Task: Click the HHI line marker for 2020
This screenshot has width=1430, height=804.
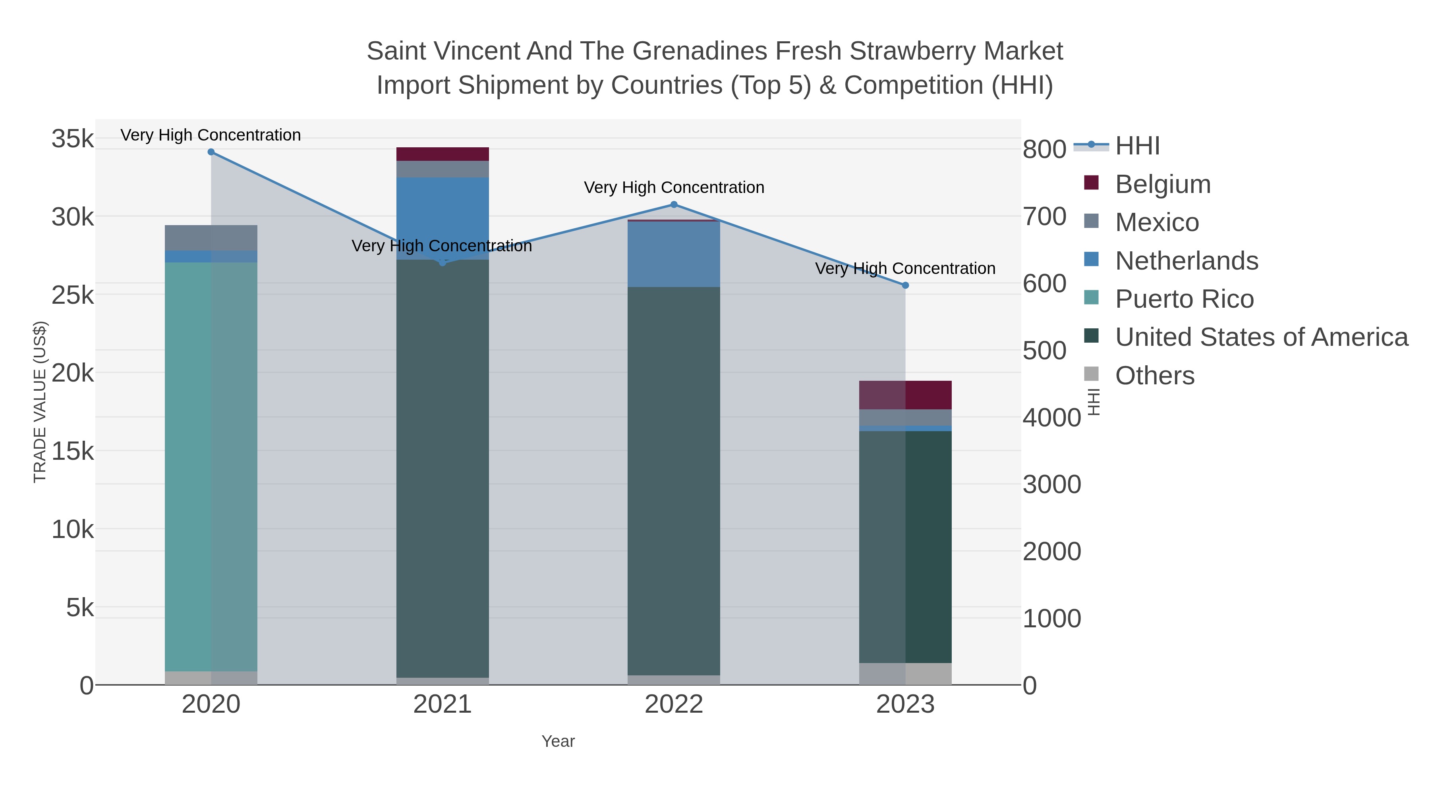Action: (x=211, y=152)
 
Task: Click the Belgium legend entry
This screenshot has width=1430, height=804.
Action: (x=1162, y=184)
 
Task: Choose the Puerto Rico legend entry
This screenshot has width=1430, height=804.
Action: (x=1184, y=299)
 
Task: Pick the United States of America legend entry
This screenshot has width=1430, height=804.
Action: (x=1261, y=337)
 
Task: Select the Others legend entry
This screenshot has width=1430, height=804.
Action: (x=1155, y=376)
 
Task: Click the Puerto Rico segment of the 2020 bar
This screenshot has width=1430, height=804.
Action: (x=211, y=466)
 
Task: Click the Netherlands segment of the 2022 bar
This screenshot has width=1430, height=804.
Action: (x=674, y=254)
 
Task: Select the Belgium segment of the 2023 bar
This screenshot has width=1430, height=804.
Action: (x=905, y=395)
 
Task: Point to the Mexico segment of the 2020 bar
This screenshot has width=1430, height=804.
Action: (x=211, y=238)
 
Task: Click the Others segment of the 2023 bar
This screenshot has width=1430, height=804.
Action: (x=905, y=674)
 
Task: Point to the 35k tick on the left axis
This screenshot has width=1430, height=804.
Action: (x=73, y=139)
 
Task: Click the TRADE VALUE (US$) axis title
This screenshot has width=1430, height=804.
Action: (x=40, y=402)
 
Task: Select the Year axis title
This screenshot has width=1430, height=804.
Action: (x=558, y=741)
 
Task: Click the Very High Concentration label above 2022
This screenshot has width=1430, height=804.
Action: (x=674, y=187)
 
